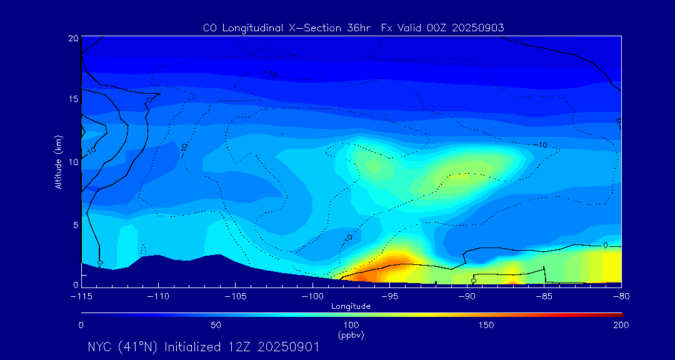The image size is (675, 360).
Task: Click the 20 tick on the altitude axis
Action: [72, 39]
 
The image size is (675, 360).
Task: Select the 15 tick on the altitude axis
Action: [72, 100]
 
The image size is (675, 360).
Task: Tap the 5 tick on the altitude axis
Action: [74, 224]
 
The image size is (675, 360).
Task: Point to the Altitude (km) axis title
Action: [58, 162]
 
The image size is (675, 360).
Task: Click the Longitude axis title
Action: [351, 306]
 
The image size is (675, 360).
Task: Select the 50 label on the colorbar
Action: [216, 325]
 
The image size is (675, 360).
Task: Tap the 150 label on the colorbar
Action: [486, 325]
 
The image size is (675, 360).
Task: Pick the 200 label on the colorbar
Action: [621, 325]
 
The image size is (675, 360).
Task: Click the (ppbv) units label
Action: [351, 336]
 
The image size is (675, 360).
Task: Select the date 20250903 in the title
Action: [477, 28]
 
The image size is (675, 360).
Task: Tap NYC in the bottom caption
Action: [99, 347]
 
